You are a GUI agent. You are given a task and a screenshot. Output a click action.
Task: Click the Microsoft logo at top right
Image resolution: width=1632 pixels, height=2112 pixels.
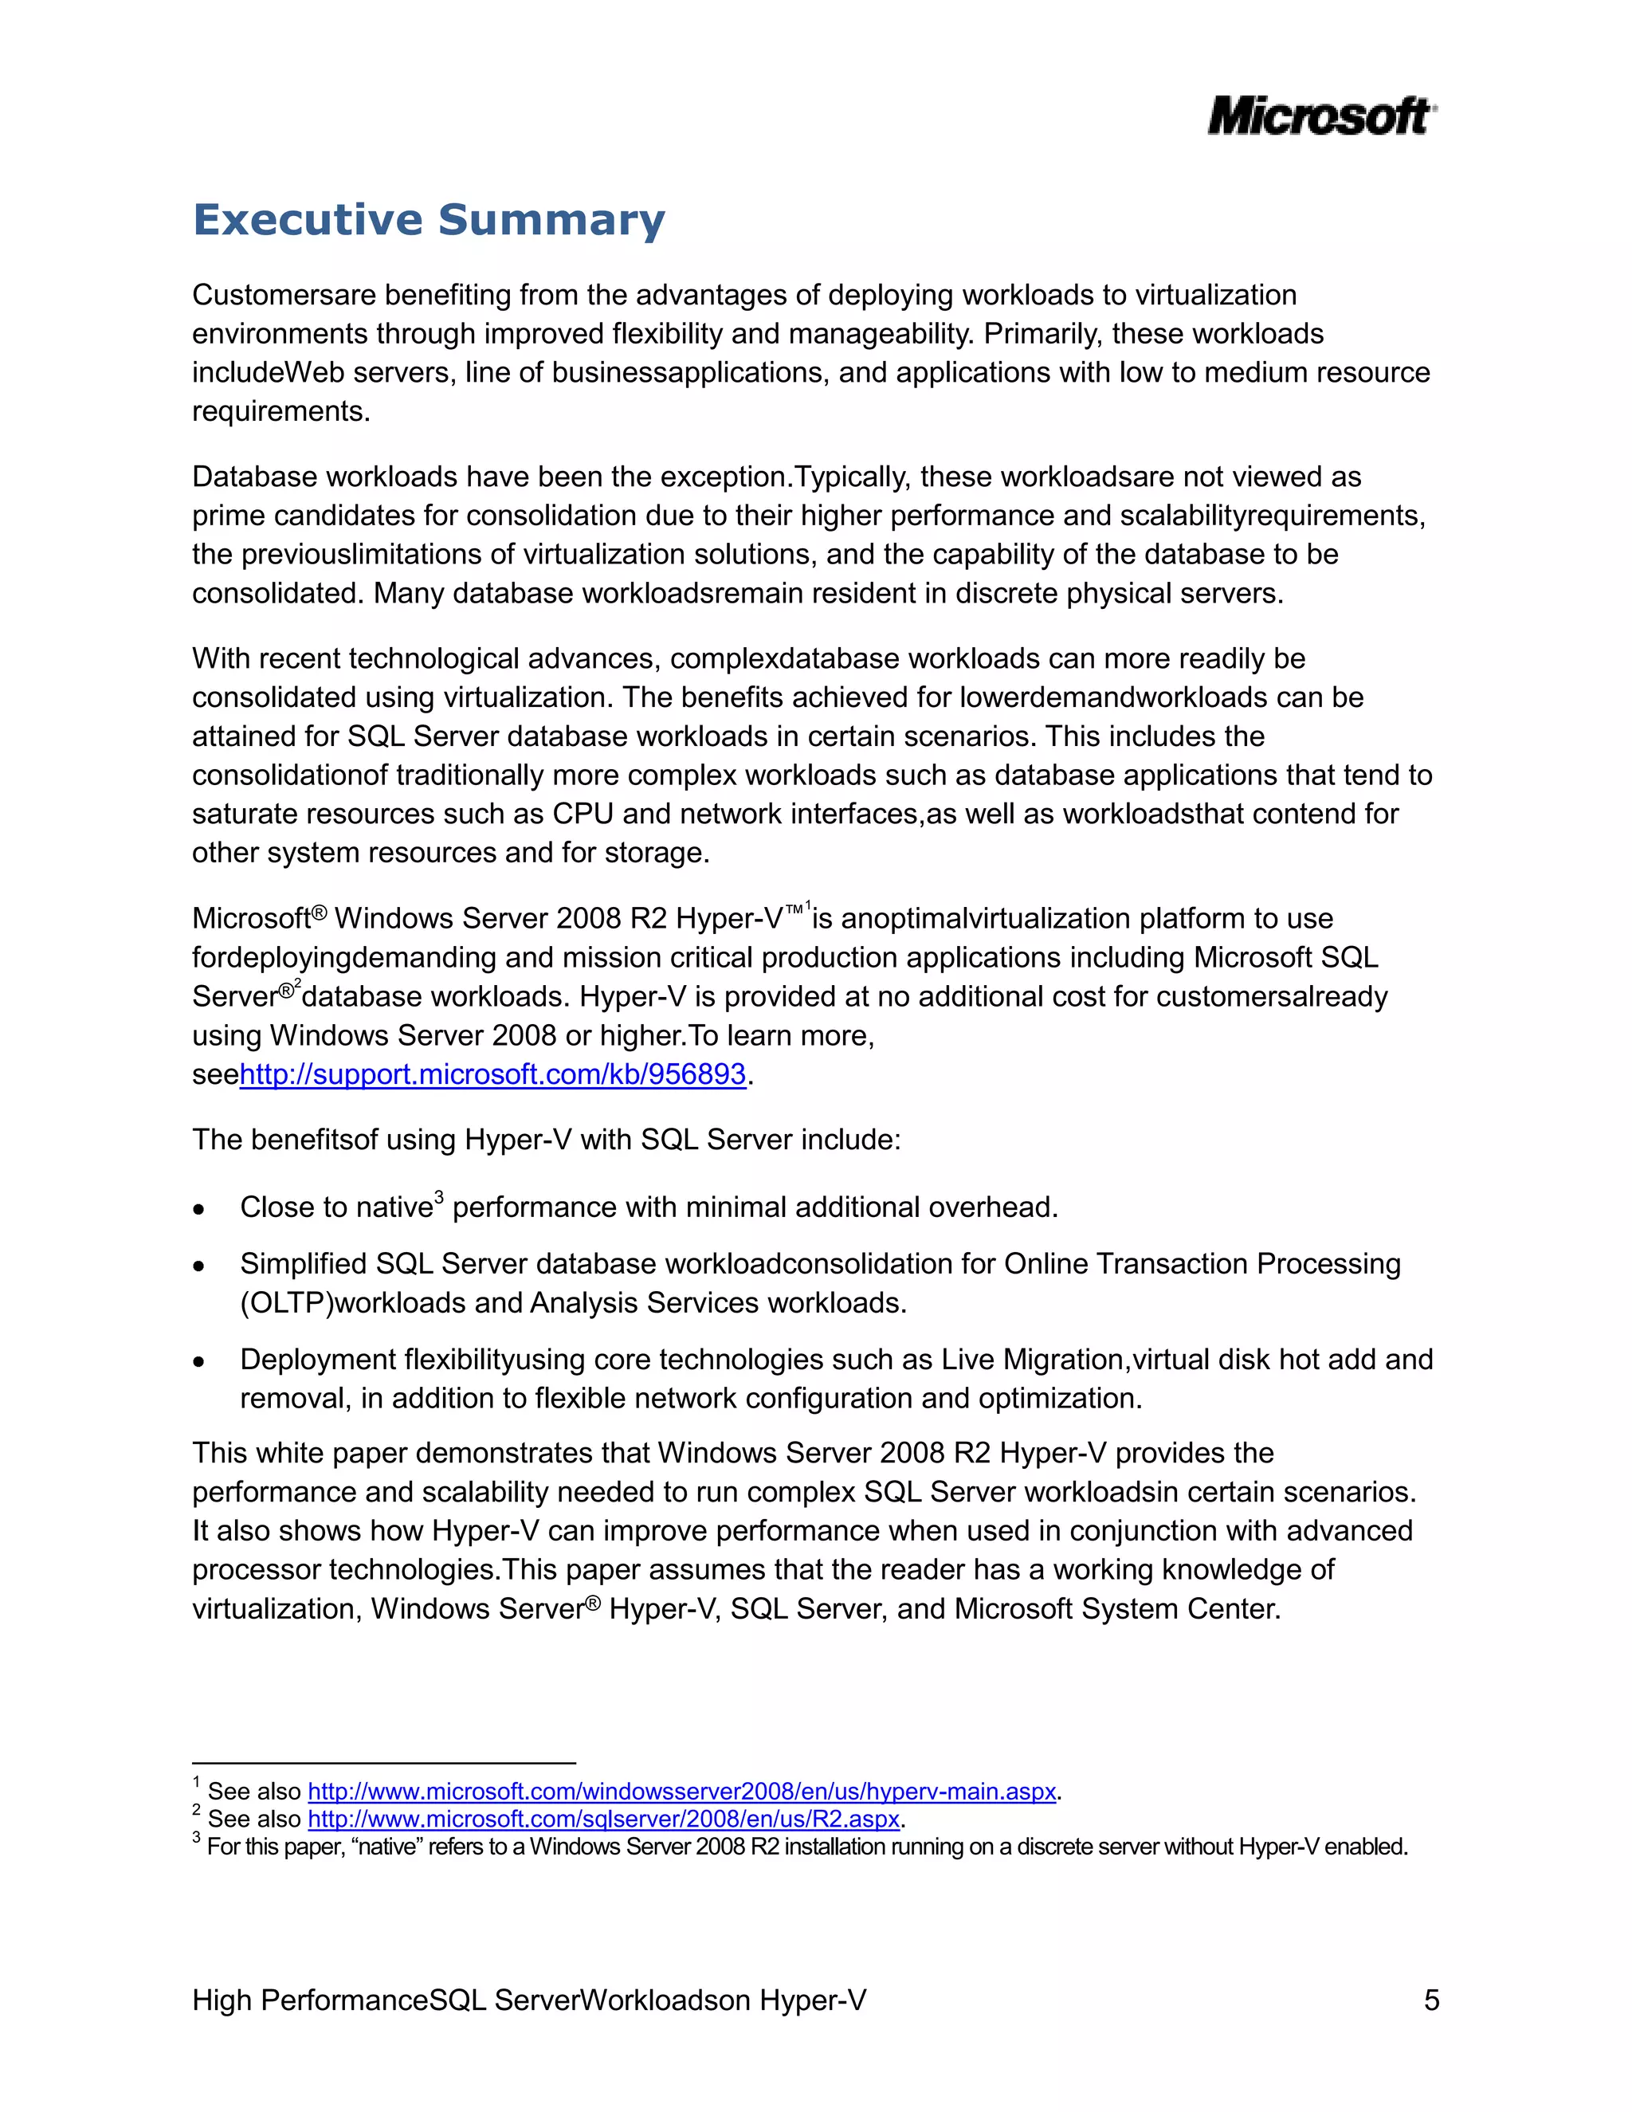(1320, 116)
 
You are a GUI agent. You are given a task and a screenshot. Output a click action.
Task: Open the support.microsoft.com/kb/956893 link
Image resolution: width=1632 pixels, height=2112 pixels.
(492, 1074)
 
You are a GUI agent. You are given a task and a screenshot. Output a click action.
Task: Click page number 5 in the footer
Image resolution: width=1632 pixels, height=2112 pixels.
(1431, 2000)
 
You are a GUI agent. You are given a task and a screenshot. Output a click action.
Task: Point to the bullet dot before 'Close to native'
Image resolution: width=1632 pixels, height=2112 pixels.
(199, 1209)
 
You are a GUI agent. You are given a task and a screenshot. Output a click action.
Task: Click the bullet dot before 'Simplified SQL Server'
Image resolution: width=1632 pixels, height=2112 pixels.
(199, 1266)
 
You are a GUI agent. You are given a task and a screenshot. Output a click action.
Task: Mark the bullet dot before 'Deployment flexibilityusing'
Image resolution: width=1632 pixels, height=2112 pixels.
(199, 1361)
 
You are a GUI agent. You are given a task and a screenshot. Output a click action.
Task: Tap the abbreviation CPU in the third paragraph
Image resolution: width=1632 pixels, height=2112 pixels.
(583, 815)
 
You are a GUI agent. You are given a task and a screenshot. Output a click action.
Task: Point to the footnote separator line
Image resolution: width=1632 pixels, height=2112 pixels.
(384, 1763)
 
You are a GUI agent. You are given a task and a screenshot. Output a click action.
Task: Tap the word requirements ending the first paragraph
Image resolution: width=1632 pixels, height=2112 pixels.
(280, 412)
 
